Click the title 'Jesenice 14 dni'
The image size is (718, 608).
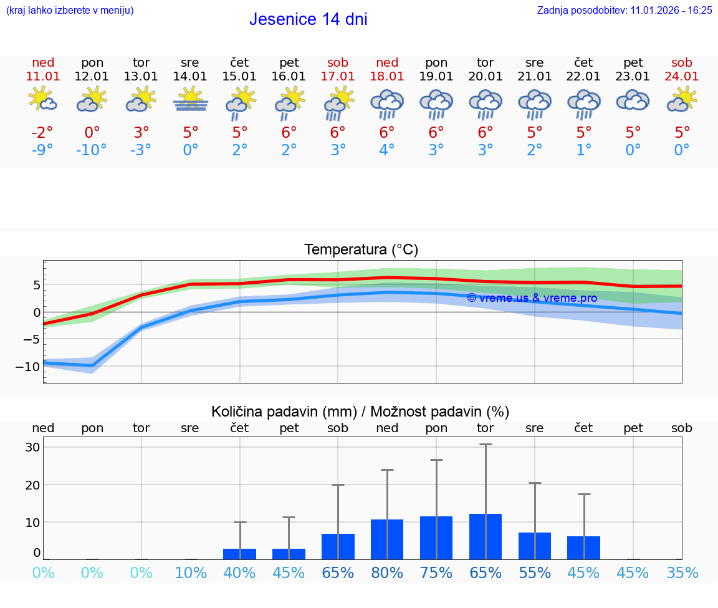pyautogui.click(x=308, y=19)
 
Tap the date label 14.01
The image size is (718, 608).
pyautogui.click(x=190, y=77)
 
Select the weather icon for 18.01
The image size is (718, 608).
pyautogui.click(x=387, y=103)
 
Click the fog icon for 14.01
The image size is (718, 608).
pyautogui.click(x=191, y=100)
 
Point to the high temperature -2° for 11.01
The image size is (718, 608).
pyautogui.click(x=42, y=133)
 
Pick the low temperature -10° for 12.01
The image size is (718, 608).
pyautogui.click(x=92, y=150)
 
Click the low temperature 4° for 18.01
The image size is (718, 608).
pyautogui.click(x=387, y=150)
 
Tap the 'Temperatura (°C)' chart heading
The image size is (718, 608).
pyautogui.click(x=361, y=250)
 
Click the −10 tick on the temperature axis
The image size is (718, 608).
pyautogui.click(x=28, y=367)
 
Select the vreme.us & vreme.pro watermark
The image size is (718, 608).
pyautogui.click(x=532, y=298)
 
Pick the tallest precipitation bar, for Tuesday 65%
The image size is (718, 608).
pyautogui.click(x=486, y=536)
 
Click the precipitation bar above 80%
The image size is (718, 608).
pyautogui.click(x=387, y=539)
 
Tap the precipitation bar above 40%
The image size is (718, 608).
pyautogui.click(x=239, y=554)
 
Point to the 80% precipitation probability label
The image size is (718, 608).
pyautogui.click(x=387, y=572)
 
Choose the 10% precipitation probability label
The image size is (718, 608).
pyautogui.click(x=190, y=572)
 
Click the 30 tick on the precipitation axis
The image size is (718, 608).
pyautogui.click(x=33, y=447)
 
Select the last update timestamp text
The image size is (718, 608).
pyautogui.click(x=625, y=11)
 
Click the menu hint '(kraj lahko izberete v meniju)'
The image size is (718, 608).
pyautogui.click(x=70, y=11)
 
